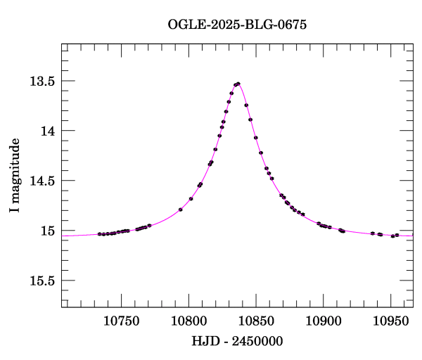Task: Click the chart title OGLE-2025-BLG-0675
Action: pyautogui.click(x=237, y=24)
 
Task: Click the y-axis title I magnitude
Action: pyautogui.click(x=15, y=176)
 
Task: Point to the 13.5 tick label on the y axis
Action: pyautogui.click(x=41, y=81)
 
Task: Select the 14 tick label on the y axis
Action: pyautogui.click(x=48, y=131)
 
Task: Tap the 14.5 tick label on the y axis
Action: pyautogui.click(x=41, y=181)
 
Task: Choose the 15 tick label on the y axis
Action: pyautogui.click(x=48, y=231)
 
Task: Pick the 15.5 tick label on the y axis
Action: pyautogui.click(x=41, y=281)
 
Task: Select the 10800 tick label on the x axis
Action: pyautogui.click(x=188, y=321)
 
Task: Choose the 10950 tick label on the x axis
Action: pyautogui.click(x=390, y=321)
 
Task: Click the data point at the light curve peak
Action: pyautogui.click(x=238, y=84)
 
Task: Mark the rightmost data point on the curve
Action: pyautogui.click(x=397, y=235)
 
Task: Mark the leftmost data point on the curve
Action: pyautogui.click(x=99, y=234)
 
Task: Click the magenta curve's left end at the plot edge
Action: pyautogui.click(x=63, y=236)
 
